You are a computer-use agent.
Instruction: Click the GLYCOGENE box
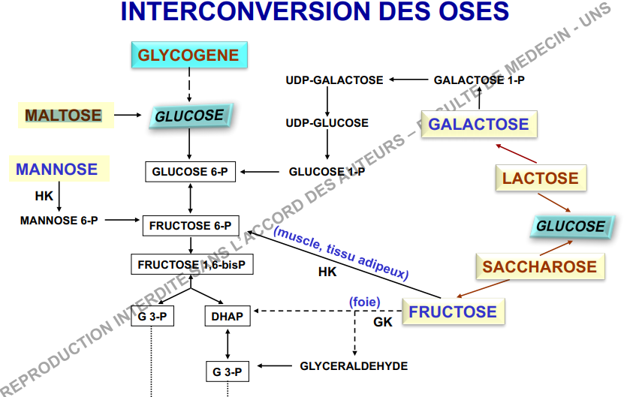pos(188,55)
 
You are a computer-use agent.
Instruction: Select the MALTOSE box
pos(65,115)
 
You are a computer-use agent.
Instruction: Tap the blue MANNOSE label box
pos(57,169)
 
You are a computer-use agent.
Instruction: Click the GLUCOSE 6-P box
pos(189,172)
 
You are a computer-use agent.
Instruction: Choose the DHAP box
pos(227,316)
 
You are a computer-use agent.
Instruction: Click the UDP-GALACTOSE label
pos(334,80)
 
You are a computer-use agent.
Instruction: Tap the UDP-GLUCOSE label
pos(327,122)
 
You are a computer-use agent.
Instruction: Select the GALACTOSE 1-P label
pos(479,80)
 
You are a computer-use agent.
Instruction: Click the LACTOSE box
pos(541,179)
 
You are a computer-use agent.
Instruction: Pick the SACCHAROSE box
pos(540,266)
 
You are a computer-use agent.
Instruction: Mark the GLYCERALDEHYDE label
pos(354,366)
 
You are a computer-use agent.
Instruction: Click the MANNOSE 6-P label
pos(59,221)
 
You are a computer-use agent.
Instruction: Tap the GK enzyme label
pos(383,322)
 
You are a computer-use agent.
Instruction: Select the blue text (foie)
pos(365,302)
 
